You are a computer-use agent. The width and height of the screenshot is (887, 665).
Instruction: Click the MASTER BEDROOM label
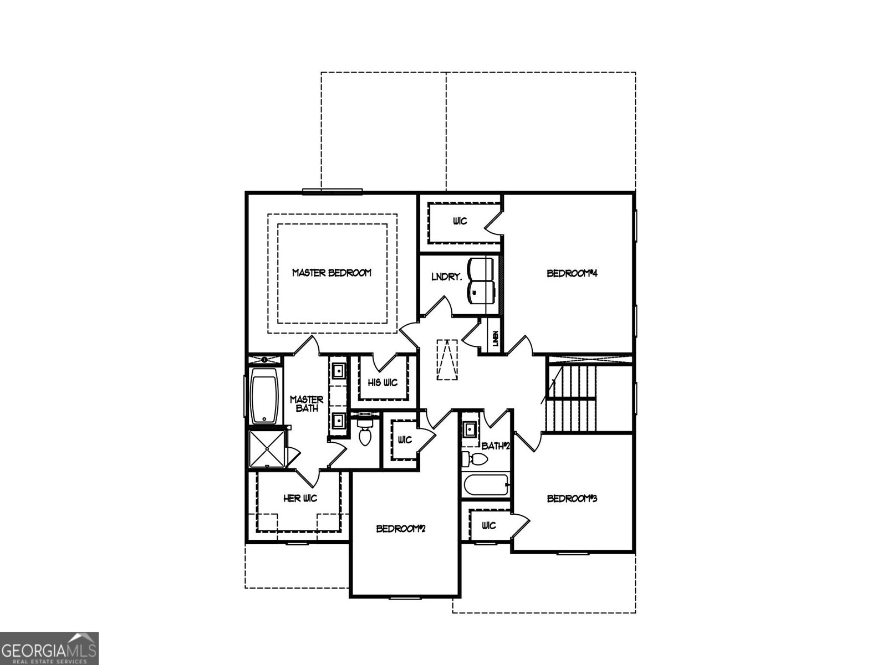coord(332,273)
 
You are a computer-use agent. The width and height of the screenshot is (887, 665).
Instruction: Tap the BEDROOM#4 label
coord(571,273)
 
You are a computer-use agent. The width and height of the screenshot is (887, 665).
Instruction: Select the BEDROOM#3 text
coord(572,498)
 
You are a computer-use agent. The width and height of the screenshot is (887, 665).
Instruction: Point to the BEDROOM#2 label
coord(400,529)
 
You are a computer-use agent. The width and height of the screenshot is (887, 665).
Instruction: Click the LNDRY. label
coord(446,277)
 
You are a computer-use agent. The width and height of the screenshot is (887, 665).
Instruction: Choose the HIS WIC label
coord(383,383)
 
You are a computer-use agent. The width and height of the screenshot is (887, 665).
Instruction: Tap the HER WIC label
coord(300,499)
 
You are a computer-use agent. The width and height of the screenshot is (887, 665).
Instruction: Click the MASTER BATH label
coord(307,403)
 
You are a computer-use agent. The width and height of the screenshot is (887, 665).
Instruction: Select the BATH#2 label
coord(495,446)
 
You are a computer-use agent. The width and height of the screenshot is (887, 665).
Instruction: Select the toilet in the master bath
coord(365,433)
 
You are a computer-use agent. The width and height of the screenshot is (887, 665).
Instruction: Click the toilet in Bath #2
coord(475,459)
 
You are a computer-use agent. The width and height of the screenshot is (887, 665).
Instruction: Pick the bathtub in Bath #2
coord(486,486)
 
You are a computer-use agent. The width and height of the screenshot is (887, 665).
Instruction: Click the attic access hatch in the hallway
coord(447,360)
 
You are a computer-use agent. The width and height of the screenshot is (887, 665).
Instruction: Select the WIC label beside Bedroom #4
coord(460,221)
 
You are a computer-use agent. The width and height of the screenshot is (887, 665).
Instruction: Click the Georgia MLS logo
coord(49,648)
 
